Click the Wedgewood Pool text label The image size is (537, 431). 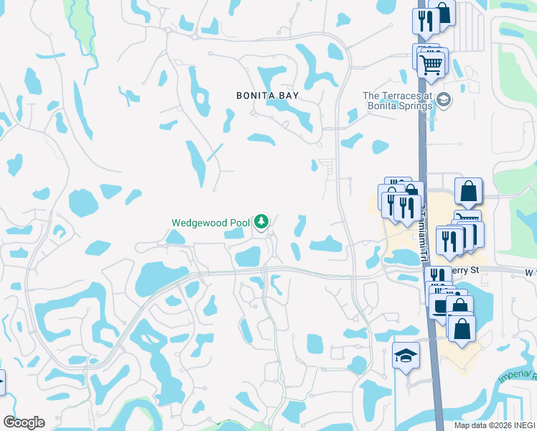click(x=210, y=222)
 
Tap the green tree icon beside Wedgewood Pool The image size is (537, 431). click(x=261, y=221)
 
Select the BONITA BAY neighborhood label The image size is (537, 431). click(x=268, y=96)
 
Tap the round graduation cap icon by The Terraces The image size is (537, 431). click(x=444, y=99)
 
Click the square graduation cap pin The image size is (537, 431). click(x=406, y=356)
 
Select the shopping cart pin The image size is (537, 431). click(x=432, y=64)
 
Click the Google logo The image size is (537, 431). click(x=24, y=422)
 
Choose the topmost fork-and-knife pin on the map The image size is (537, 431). click(x=426, y=21)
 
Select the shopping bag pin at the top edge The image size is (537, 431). click(x=442, y=11)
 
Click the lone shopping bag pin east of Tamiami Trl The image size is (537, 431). click(x=467, y=191)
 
